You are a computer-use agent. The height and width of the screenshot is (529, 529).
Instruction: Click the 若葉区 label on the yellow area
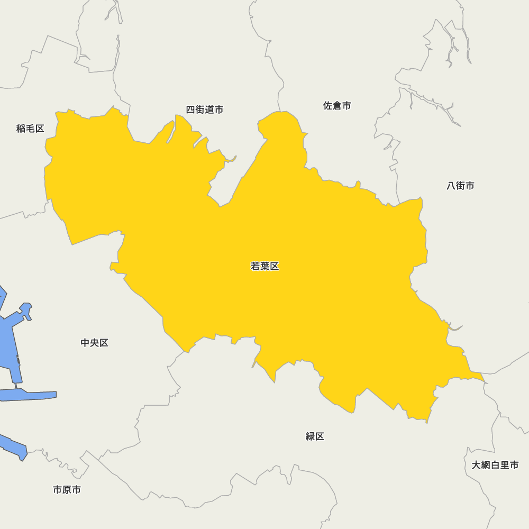264,266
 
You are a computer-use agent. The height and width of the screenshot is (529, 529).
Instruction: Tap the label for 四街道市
204,110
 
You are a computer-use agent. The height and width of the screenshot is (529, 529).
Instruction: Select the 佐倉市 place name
337,106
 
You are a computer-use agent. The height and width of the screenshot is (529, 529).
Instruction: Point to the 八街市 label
460,186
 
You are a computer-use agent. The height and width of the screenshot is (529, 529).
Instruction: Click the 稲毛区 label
30,129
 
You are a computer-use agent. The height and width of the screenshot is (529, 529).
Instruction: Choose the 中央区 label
95,343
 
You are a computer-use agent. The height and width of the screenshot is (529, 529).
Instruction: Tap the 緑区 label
315,436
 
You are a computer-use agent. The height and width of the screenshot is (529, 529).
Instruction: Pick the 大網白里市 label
495,466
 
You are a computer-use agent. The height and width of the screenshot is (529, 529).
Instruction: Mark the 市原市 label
67,490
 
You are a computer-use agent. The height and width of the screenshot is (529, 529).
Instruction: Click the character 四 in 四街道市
190,110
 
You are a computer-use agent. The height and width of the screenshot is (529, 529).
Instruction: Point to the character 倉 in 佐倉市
337,106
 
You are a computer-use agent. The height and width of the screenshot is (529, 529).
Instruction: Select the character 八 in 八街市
451,186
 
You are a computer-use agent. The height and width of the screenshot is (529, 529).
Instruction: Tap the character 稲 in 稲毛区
21,129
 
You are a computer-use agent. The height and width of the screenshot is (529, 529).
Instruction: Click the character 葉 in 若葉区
264,266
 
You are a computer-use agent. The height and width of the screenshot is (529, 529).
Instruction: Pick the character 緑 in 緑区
311,436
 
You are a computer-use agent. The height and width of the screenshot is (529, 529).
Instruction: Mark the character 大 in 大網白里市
477,466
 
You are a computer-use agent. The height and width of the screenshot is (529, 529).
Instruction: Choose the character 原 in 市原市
67,490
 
